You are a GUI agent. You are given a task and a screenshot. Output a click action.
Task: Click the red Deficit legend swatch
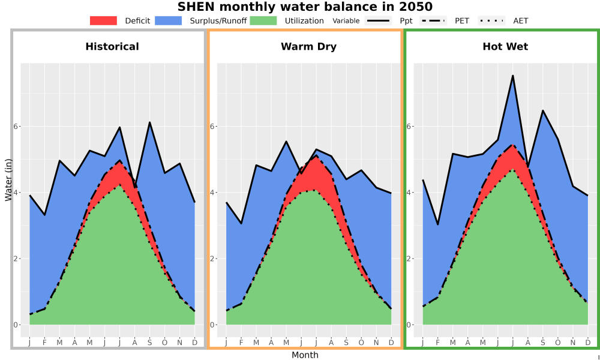click(103, 20)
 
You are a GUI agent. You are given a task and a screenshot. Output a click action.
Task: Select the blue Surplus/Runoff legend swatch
click(169, 20)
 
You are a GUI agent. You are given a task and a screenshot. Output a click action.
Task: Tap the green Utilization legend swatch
click(263, 20)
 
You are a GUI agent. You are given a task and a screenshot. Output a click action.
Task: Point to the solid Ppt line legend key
click(377, 20)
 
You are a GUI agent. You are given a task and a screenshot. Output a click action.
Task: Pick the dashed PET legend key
click(433, 20)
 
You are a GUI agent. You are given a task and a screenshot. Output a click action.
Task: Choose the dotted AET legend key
click(491, 20)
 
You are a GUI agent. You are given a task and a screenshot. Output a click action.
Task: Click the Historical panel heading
click(112, 47)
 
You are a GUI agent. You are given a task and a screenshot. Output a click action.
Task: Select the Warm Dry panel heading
click(309, 47)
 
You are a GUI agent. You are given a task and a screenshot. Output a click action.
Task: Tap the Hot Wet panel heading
click(505, 47)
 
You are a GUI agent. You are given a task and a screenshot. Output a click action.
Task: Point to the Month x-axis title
click(305, 355)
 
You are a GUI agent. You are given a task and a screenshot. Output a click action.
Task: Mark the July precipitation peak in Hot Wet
click(512, 76)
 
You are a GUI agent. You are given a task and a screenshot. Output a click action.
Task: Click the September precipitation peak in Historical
click(149, 122)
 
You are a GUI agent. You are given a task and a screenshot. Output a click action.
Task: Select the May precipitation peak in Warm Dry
click(286, 141)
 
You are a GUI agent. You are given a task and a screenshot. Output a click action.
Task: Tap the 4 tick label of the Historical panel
click(16, 193)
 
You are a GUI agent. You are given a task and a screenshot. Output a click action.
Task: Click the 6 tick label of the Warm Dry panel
click(212, 126)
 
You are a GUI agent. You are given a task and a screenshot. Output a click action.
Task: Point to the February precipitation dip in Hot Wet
click(438, 224)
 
